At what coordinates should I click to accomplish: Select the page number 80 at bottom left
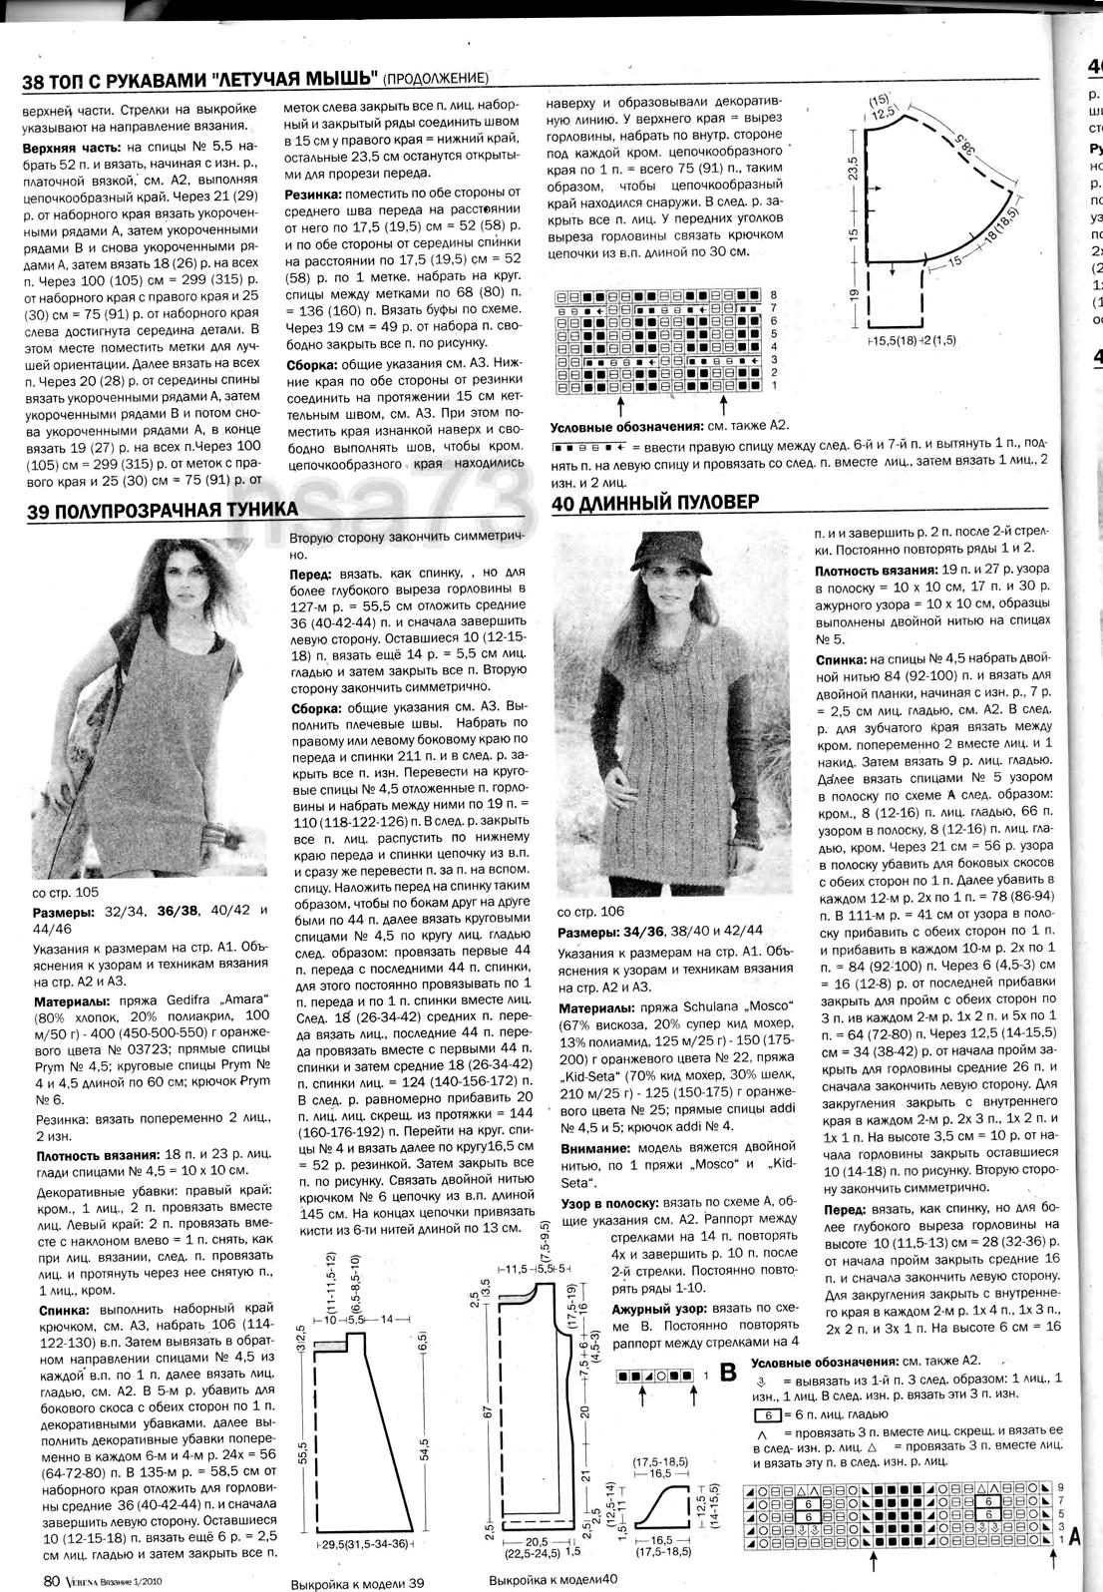click(x=53, y=1580)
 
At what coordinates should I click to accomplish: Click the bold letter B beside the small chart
click(x=727, y=1374)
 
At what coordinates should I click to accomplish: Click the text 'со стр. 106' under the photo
click(x=590, y=912)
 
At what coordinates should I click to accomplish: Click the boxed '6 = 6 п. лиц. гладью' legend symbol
click(x=766, y=1415)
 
